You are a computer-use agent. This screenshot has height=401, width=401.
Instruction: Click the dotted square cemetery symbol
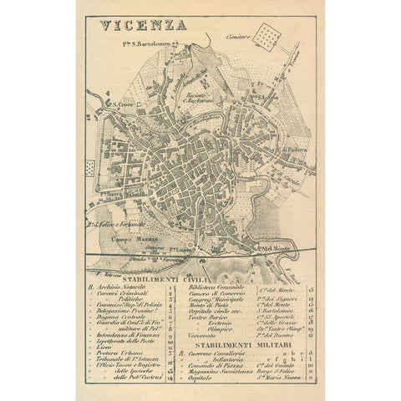click(270, 35)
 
